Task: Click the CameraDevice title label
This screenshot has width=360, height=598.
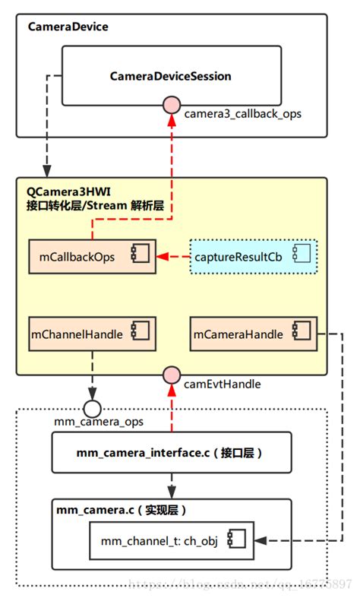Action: click(68, 27)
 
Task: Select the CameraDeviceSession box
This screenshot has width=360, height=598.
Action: click(170, 76)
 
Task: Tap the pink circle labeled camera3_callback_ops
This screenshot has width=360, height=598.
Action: click(171, 105)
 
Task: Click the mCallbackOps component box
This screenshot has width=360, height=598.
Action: click(91, 257)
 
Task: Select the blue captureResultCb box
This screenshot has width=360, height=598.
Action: click(252, 257)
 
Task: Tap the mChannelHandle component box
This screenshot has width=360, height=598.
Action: click(91, 334)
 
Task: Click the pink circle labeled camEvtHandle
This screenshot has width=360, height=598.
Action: click(171, 374)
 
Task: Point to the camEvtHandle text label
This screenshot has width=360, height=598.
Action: click(223, 384)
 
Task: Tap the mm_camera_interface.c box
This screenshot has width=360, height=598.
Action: click(171, 454)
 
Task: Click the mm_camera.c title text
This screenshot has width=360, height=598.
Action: click(122, 510)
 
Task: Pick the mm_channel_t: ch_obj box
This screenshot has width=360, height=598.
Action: click(171, 541)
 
